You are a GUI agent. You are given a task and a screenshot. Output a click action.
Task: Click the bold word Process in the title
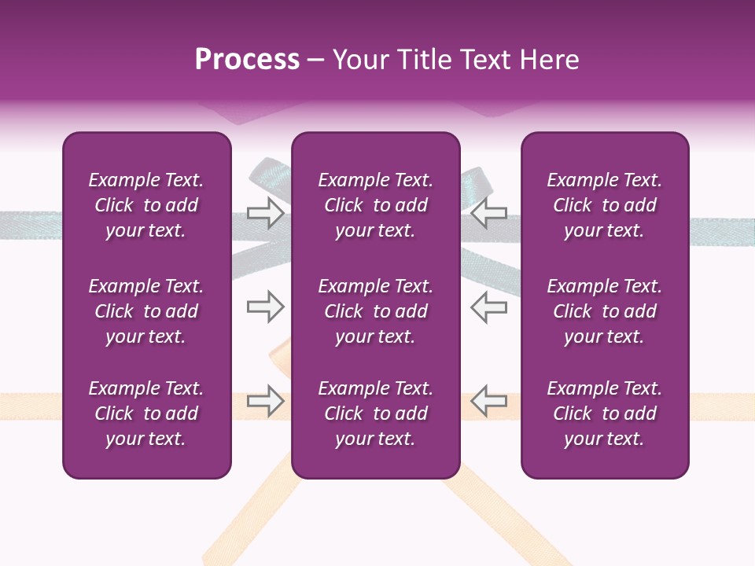tap(247, 60)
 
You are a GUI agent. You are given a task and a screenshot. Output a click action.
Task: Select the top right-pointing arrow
tap(265, 212)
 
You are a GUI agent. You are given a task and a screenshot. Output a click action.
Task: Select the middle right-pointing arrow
tap(265, 307)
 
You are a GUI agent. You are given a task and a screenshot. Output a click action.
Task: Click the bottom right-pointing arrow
tap(265, 401)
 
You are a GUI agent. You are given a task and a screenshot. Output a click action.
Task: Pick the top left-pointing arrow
tap(488, 212)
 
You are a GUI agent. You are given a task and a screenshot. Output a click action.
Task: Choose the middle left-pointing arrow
tap(488, 307)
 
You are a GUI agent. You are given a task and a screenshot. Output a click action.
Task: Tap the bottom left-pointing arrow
tap(488, 401)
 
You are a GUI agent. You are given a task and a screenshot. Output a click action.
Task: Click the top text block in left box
tap(146, 205)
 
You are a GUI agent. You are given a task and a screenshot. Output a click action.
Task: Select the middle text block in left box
tap(146, 311)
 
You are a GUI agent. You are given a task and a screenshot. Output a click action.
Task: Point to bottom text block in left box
tap(146, 413)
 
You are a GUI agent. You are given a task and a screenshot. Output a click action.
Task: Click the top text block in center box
tap(375, 205)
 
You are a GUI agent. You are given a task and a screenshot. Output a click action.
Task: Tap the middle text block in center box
tap(375, 311)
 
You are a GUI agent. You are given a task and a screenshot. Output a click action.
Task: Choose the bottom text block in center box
tap(375, 413)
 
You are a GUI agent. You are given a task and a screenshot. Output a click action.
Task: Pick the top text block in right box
tap(604, 205)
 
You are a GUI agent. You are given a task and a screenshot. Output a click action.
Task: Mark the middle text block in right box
tap(604, 311)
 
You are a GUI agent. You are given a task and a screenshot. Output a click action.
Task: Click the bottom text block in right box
tap(604, 413)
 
